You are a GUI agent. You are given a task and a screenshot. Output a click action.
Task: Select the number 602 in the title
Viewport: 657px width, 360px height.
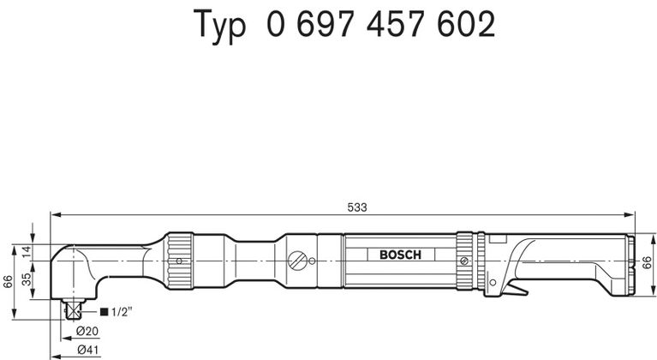click(465, 26)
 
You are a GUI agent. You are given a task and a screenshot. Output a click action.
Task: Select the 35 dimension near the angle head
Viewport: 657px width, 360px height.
click(26, 279)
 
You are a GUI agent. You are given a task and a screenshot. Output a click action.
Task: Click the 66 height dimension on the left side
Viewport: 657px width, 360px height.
click(7, 282)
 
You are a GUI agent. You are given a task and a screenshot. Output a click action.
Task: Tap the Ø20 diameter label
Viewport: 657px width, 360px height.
click(86, 331)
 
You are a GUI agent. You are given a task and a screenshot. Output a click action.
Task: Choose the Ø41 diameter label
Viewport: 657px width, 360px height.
click(86, 349)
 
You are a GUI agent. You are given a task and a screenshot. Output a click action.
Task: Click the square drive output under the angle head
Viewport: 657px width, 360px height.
click(74, 308)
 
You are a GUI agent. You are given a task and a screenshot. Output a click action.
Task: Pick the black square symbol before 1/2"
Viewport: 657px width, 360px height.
click(104, 311)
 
